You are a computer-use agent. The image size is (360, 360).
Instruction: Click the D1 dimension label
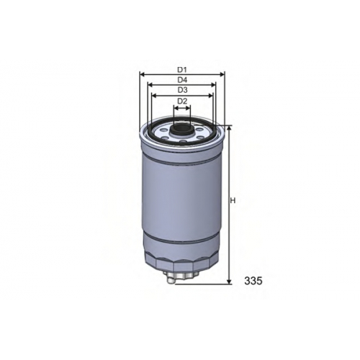[x=182, y=70]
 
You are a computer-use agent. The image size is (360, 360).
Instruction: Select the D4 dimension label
[x=182, y=80]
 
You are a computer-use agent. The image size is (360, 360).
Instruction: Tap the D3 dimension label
[x=182, y=90]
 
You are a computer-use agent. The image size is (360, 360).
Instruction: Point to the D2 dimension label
[x=182, y=101]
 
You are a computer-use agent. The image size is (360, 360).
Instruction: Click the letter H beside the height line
[x=233, y=201]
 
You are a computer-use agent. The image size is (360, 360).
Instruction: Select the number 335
[x=253, y=281]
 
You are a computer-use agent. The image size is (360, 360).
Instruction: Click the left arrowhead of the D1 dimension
[x=142, y=75]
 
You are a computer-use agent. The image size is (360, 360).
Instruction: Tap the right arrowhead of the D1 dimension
[x=222, y=75]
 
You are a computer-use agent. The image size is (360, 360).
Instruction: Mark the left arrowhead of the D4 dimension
[x=150, y=85]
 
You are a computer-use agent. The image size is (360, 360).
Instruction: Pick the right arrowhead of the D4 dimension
[x=213, y=85]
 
